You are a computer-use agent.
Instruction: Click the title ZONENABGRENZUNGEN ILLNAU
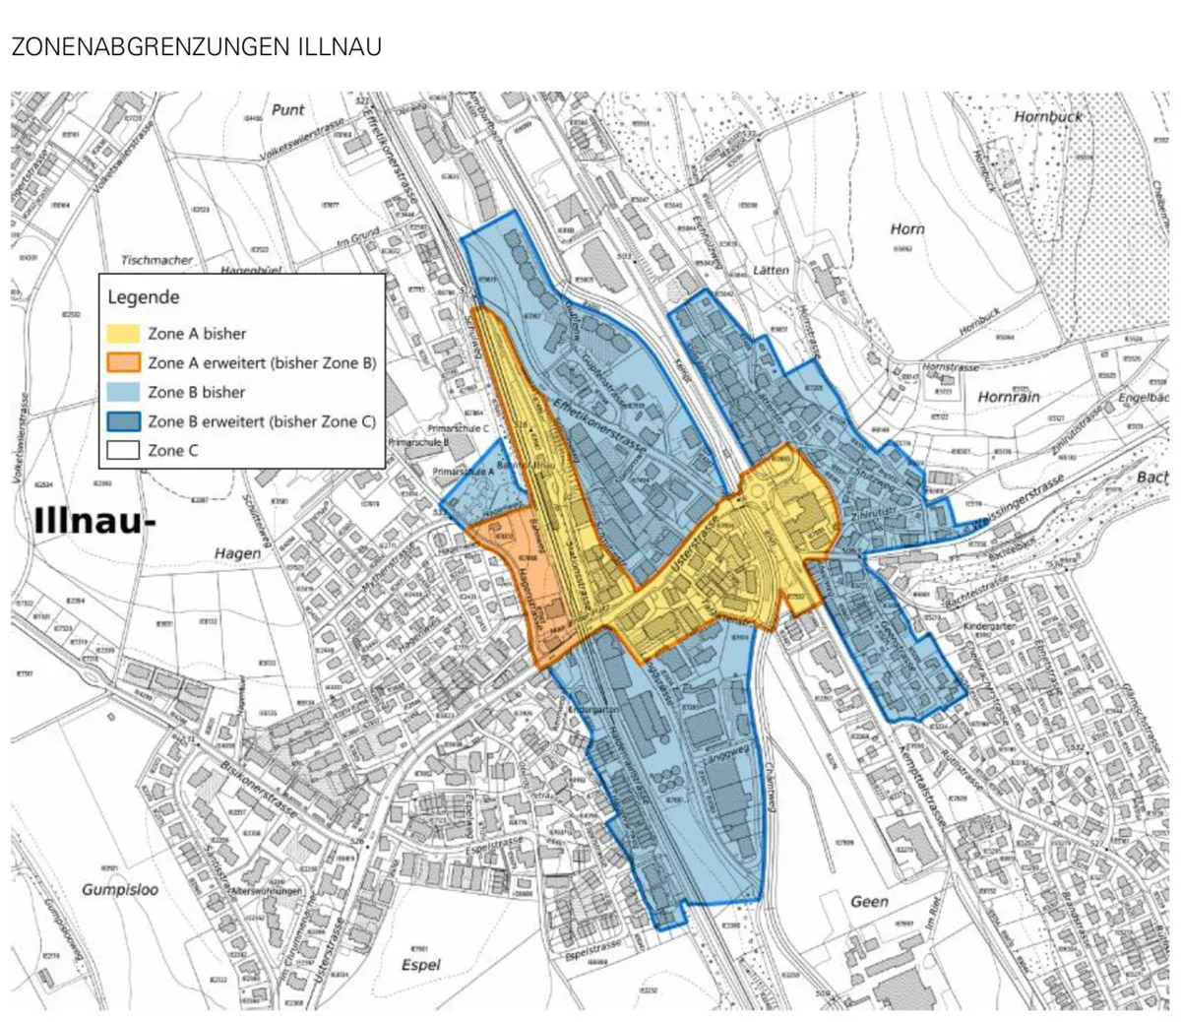pos(196,46)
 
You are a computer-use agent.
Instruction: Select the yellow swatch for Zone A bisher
pos(124,334)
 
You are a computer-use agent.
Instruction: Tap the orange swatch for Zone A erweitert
pos(124,362)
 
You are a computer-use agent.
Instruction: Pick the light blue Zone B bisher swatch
pos(124,392)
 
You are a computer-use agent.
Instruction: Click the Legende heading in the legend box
pos(144,296)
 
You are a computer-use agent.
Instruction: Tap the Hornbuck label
pos(1047,116)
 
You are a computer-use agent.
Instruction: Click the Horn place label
pos(906,228)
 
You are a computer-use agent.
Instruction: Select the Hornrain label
pos(1009,397)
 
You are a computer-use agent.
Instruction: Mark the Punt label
pos(288,110)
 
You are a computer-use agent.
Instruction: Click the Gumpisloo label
pos(120,889)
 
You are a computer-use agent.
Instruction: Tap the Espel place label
pos(421,965)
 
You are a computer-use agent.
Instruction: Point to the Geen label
pos(869,901)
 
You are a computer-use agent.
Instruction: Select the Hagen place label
pos(238,553)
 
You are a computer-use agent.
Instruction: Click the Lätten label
pos(771,270)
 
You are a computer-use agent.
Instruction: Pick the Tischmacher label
pos(157,261)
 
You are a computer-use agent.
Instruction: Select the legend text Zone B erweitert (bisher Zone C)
pos(262,421)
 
